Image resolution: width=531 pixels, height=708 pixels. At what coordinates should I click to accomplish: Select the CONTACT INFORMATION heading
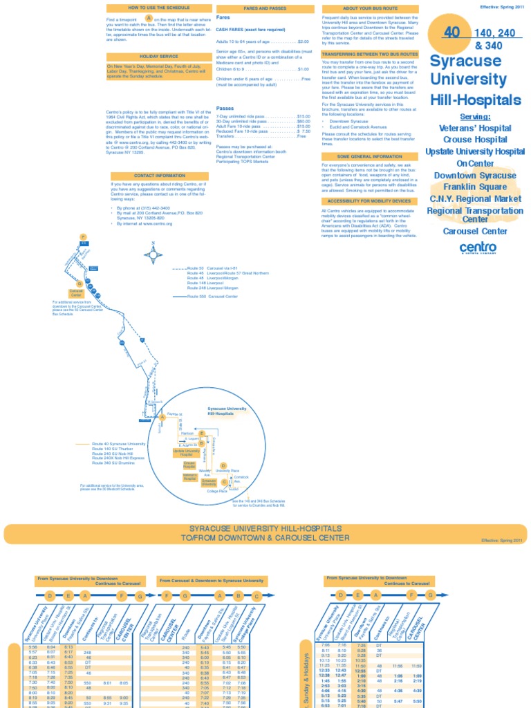(x=159, y=176)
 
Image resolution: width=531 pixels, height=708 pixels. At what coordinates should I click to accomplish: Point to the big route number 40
(x=451, y=32)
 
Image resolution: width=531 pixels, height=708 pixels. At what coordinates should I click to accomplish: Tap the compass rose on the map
(x=153, y=254)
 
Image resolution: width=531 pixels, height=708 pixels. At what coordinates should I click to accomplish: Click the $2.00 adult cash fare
(x=303, y=41)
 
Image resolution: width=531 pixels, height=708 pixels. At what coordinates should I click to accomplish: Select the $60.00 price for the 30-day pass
(x=303, y=122)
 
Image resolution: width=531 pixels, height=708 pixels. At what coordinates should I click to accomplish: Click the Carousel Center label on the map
(x=76, y=293)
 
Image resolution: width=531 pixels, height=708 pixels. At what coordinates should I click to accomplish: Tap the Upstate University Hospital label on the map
(x=185, y=452)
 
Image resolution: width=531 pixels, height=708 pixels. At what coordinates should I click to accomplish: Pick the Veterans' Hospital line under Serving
(x=474, y=128)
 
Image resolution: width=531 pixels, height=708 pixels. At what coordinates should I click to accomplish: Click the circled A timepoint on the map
(x=162, y=417)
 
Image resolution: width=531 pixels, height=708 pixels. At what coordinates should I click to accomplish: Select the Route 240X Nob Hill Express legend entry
(x=119, y=458)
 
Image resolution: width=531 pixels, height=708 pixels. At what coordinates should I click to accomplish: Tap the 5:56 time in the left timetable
(x=33, y=646)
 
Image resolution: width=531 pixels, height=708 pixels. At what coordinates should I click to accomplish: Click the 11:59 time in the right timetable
(x=416, y=666)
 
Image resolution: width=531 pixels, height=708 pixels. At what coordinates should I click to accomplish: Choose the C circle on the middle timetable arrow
(x=256, y=596)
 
